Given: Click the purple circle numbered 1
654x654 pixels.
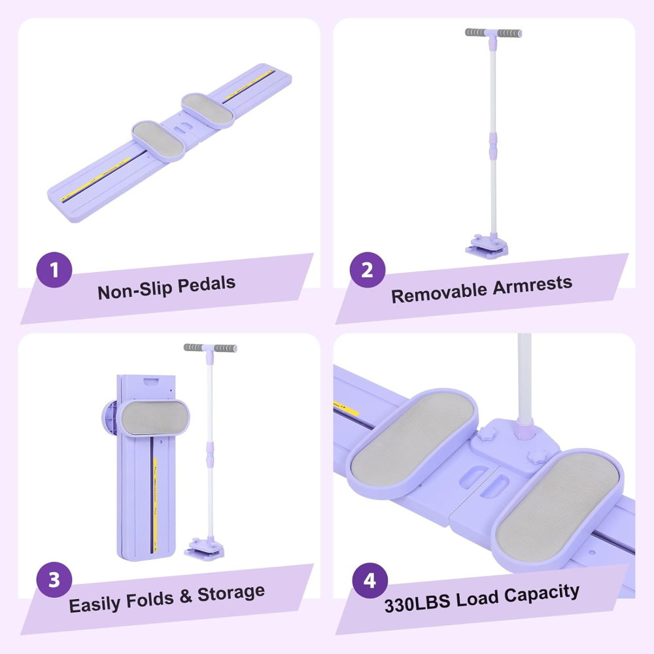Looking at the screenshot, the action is point(54,270).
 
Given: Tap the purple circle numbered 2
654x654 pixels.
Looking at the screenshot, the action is point(368,270).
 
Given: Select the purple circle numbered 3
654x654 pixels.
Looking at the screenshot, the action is point(54,580).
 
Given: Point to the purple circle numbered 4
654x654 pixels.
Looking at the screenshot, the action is point(370,580).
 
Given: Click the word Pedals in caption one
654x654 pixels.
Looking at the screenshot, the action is point(207,285).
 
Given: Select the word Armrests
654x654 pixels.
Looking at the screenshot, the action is point(532,285).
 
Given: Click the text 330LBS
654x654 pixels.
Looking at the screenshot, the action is point(417,603).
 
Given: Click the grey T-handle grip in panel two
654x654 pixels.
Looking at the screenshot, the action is point(493,33).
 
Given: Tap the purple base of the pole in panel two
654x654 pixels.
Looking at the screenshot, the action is point(487,247).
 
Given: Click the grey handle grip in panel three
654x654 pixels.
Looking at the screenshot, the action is point(210,348).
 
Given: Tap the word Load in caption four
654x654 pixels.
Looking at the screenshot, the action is point(477,598).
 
